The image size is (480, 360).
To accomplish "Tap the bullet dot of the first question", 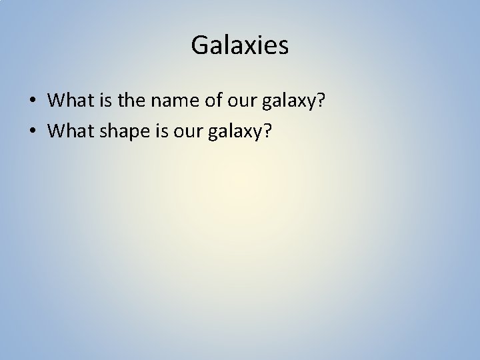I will click(x=33, y=101).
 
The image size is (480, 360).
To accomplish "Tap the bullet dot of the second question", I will click(x=33, y=131).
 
